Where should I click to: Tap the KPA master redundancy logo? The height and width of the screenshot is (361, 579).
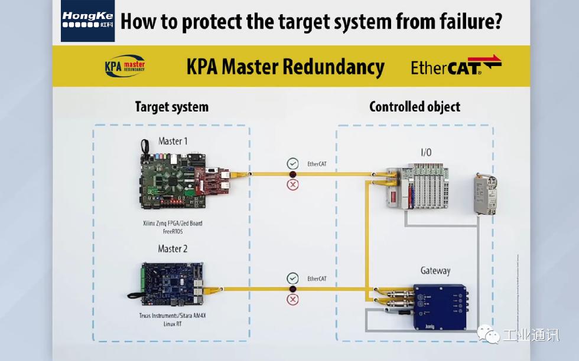coord(125,65)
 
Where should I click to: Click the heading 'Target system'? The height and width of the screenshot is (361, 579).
coord(171,107)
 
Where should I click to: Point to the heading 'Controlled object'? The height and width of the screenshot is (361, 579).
coord(415,107)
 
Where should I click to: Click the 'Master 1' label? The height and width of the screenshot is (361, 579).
coord(173,141)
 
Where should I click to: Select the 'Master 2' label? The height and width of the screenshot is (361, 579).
coord(173,248)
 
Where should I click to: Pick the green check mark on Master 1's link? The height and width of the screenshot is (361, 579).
coord(292,163)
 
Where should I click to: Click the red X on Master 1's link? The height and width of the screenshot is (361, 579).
coord(292,185)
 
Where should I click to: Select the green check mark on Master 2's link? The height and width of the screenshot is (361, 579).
coord(292,278)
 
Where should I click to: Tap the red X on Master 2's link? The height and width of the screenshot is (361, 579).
coord(292,300)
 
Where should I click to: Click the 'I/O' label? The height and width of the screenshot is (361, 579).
coord(425,153)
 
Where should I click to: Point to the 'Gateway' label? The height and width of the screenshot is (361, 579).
coord(435,271)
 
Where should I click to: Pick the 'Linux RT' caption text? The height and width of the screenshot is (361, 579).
coord(173,324)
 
